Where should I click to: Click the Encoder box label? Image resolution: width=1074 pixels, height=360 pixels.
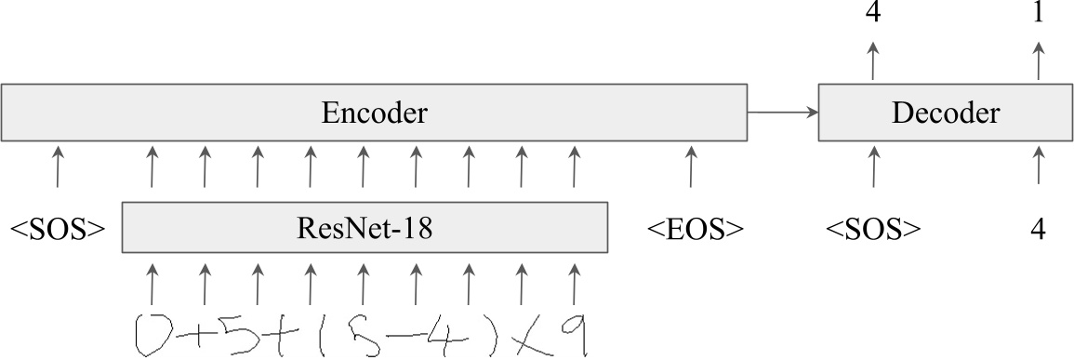tap(374, 113)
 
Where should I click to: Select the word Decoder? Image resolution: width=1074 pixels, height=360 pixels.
tap(946, 113)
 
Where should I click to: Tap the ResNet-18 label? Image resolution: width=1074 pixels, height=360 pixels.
tap(365, 228)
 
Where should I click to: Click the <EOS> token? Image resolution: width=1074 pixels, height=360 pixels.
tap(695, 229)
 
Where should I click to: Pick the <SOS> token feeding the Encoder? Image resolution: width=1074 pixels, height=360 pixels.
tap(57, 229)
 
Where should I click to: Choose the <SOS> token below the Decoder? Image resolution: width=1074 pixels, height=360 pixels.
tap(873, 229)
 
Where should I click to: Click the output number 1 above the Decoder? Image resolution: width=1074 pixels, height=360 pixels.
tap(1039, 14)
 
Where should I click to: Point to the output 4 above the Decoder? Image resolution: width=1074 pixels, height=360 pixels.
tap(873, 14)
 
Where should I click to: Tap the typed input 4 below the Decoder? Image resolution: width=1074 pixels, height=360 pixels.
tap(1039, 229)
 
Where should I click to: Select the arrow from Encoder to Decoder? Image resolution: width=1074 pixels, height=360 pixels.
tap(782, 113)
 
